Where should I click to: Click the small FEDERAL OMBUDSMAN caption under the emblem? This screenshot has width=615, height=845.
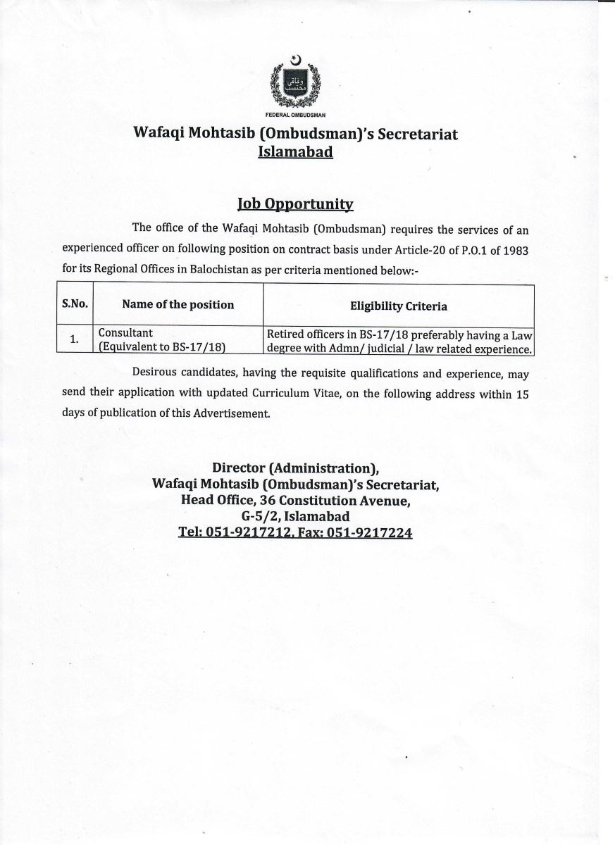(x=295, y=114)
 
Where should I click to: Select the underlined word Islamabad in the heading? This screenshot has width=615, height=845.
(x=295, y=152)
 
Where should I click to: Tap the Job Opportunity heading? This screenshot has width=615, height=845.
(x=295, y=204)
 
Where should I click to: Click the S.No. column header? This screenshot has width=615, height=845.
(x=74, y=304)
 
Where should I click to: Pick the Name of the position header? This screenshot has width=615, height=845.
(x=178, y=304)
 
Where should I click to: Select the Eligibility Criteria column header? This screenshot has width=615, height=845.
(x=398, y=306)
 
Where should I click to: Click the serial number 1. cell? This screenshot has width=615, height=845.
(x=74, y=339)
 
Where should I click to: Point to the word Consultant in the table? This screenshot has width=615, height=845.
(x=125, y=332)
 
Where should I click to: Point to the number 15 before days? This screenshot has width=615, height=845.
(x=521, y=394)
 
